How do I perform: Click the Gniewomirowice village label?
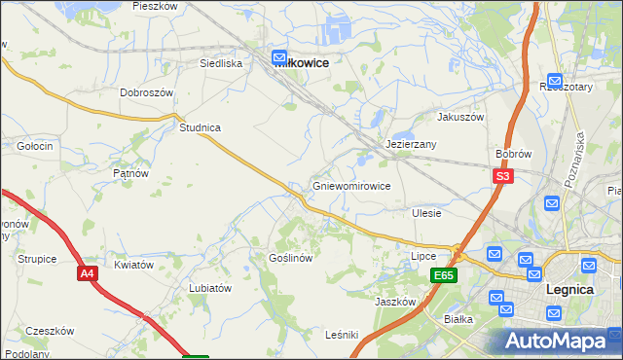[x=351, y=186]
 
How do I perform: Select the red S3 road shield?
[x=502, y=176]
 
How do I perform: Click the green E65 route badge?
[x=444, y=276]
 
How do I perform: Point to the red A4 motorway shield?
[x=88, y=274]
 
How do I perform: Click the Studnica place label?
[x=200, y=127]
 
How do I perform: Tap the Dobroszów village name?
[x=146, y=92]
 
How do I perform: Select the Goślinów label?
[x=290, y=259]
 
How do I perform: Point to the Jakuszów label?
[x=460, y=117]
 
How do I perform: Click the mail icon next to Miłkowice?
[x=279, y=58]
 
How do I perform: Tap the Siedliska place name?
[x=220, y=63]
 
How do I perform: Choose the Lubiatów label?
[x=210, y=288]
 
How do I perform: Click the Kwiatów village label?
[x=134, y=265]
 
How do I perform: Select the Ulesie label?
[x=426, y=213]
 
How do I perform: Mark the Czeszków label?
[x=51, y=331]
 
